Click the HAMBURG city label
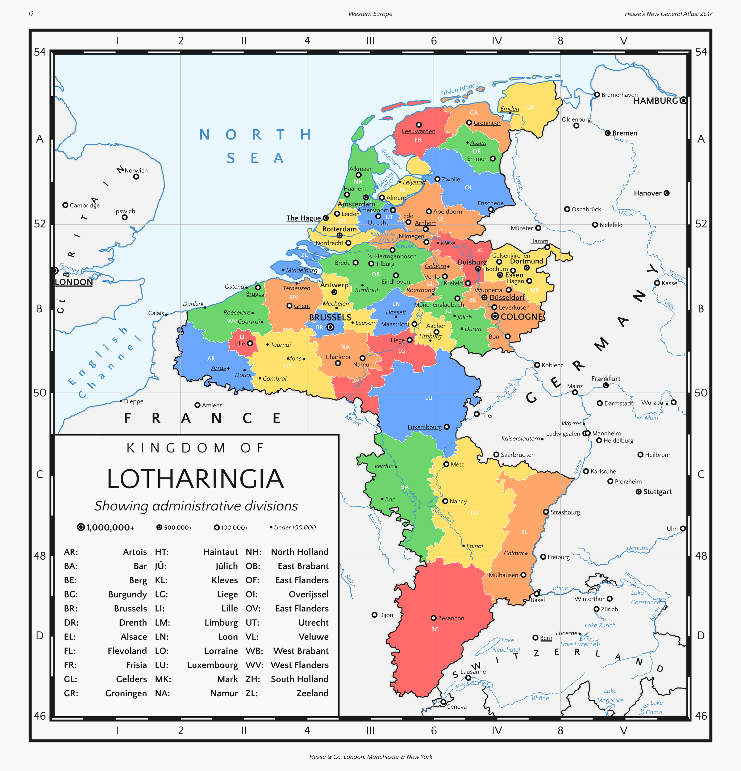coord(655,101)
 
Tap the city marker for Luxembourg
coord(446,427)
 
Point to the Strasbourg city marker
coord(546,512)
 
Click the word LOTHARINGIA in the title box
coord(195,479)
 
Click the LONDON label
coord(74,282)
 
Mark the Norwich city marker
coord(136,177)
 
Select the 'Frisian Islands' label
coord(460,89)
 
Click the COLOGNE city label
coord(522,317)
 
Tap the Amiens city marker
coord(198,405)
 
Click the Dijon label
coord(386,615)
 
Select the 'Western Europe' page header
coord(370,14)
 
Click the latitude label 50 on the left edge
coord(40,393)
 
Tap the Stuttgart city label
coord(657,492)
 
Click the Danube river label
coord(638,548)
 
